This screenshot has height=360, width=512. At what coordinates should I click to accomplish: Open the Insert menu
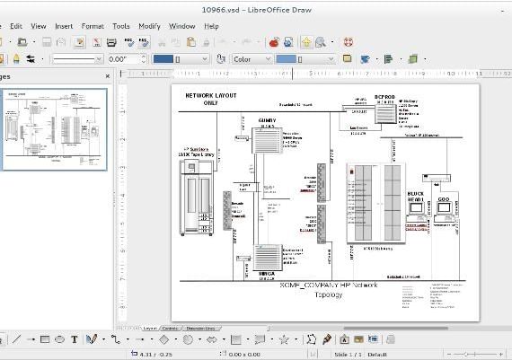click(x=64, y=26)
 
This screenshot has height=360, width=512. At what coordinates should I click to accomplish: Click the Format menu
click(x=93, y=26)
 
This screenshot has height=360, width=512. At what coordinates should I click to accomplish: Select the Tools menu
click(x=120, y=26)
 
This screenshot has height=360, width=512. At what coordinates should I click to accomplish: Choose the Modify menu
click(x=149, y=26)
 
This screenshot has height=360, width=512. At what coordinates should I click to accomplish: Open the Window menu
click(x=181, y=26)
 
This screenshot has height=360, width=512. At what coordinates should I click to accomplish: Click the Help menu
click(x=211, y=26)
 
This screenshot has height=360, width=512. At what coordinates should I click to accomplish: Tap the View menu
click(x=39, y=26)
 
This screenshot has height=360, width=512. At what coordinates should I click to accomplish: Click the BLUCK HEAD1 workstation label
click(x=415, y=197)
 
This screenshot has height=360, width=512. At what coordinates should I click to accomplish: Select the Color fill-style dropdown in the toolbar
click(x=252, y=59)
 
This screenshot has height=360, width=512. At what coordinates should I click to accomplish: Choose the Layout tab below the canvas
click(x=150, y=329)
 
